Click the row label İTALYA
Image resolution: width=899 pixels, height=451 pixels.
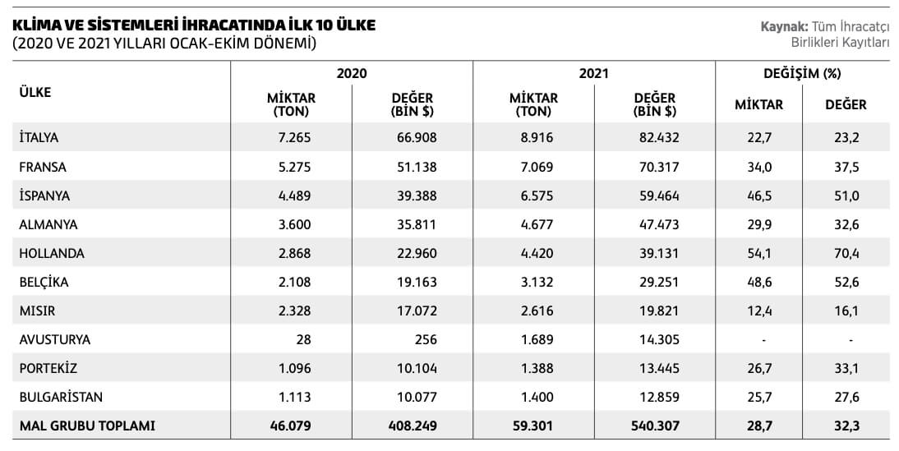(x=39, y=137)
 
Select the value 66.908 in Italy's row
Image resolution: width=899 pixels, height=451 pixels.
(x=416, y=137)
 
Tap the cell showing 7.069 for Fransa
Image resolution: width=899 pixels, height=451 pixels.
(x=537, y=167)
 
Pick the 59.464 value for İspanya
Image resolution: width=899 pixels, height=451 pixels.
(x=659, y=196)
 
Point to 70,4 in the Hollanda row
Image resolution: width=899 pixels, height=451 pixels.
(x=846, y=254)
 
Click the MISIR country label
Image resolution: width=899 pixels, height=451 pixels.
(x=37, y=311)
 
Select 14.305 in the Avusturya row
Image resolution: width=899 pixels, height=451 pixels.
(x=659, y=340)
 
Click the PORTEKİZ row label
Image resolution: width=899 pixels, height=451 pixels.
(x=48, y=369)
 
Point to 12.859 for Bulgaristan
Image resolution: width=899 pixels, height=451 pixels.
(x=659, y=398)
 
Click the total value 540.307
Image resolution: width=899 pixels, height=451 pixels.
(x=655, y=426)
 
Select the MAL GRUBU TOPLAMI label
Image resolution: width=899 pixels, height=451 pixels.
(x=86, y=426)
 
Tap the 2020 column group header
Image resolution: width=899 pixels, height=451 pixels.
(x=352, y=73)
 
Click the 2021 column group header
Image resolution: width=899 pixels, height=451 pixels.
(x=593, y=73)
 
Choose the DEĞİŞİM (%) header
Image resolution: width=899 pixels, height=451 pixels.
(x=802, y=73)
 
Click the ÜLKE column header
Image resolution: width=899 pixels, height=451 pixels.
(x=35, y=93)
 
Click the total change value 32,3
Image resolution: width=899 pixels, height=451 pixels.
(x=846, y=426)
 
